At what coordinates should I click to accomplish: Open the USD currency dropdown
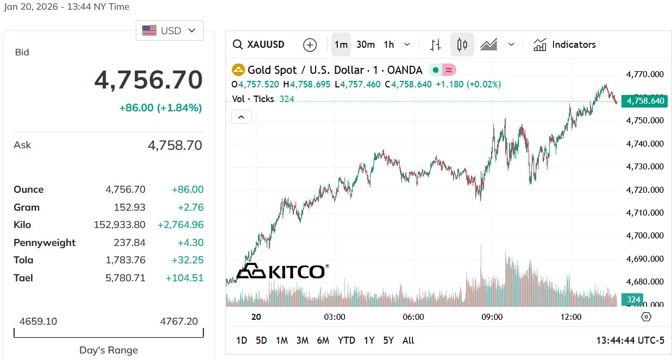169,30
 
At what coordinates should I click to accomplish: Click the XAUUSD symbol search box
259,45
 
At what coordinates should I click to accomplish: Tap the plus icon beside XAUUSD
310,45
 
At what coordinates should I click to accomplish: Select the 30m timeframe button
366,45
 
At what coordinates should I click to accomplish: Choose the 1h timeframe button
389,45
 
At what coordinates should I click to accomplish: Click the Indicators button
564,45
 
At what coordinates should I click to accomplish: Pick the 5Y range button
388,340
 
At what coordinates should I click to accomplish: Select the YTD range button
346,340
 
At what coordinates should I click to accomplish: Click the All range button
409,340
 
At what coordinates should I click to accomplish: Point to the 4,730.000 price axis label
645,167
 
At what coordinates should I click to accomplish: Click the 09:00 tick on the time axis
492,317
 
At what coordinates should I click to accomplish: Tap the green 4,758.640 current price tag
644,101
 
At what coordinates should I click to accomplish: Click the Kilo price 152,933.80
120,225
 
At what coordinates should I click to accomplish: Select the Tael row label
23,278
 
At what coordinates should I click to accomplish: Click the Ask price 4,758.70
174,146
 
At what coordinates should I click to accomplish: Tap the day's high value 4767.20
179,321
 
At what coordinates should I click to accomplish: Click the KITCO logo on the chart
282,271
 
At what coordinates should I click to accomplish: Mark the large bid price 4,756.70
148,80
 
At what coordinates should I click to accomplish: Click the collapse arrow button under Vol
241,117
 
